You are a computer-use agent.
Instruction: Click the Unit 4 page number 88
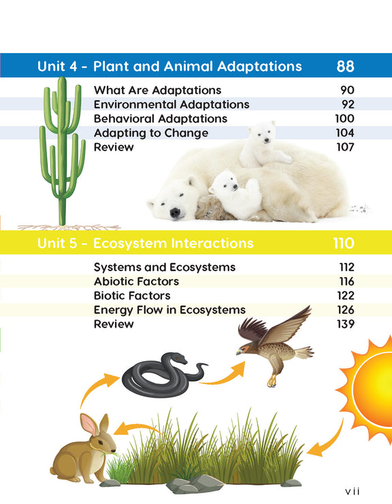point(345,67)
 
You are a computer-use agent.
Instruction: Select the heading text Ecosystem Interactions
point(173,243)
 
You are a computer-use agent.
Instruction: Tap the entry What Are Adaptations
point(157,90)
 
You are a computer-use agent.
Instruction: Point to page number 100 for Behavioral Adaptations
point(344,119)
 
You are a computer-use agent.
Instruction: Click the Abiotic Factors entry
point(136,281)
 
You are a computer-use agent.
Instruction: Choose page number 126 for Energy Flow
point(344,310)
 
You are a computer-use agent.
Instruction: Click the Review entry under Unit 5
point(114,324)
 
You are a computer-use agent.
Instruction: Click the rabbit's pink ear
point(90,424)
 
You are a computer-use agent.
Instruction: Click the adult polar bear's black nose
point(176,213)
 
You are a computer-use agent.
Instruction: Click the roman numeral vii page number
point(352,491)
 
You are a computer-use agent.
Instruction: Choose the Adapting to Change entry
point(151,133)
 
